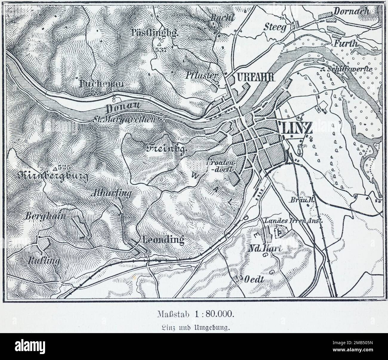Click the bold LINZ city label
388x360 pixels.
pyautogui.click(x=296, y=128)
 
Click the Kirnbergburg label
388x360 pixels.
pyautogui.click(x=53, y=176)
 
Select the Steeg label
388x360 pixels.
pyautogui.click(x=275, y=27)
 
